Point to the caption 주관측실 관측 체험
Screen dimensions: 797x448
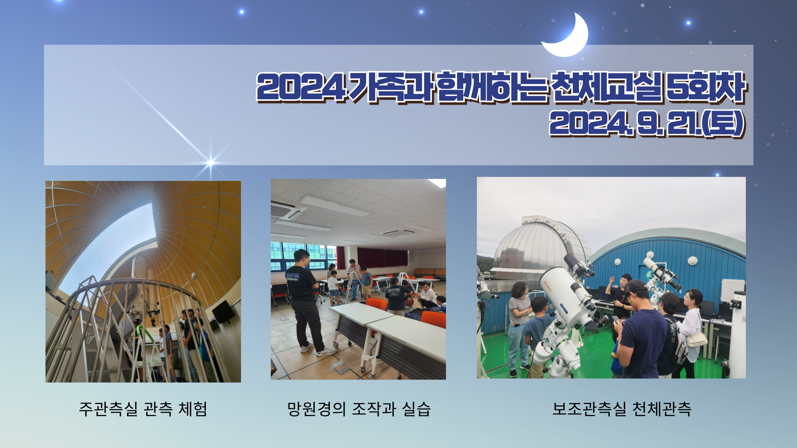click(x=143, y=409)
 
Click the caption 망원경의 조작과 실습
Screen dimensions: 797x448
click(x=359, y=409)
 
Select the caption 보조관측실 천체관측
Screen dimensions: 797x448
click(x=622, y=409)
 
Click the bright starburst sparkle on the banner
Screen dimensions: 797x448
click(x=210, y=162)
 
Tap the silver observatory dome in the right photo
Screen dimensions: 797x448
click(x=540, y=245)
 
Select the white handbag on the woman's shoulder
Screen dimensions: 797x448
click(x=697, y=339)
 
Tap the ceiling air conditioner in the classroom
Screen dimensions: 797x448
click(x=286, y=210)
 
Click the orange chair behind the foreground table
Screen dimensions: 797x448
click(x=433, y=319)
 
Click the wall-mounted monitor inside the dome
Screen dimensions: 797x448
click(x=223, y=312)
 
